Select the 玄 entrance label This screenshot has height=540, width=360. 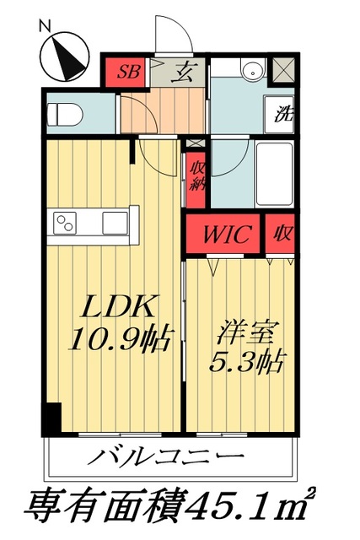pyautogui.click(x=182, y=73)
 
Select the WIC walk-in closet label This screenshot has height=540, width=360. pyautogui.click(x=225, y=234)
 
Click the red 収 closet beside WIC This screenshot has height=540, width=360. pyautogui.click(x=281, y=234)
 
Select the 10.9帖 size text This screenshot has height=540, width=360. pyautogui.click(x=121, y=339)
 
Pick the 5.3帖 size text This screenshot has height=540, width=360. pyautogui.click(x=244, y=363)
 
